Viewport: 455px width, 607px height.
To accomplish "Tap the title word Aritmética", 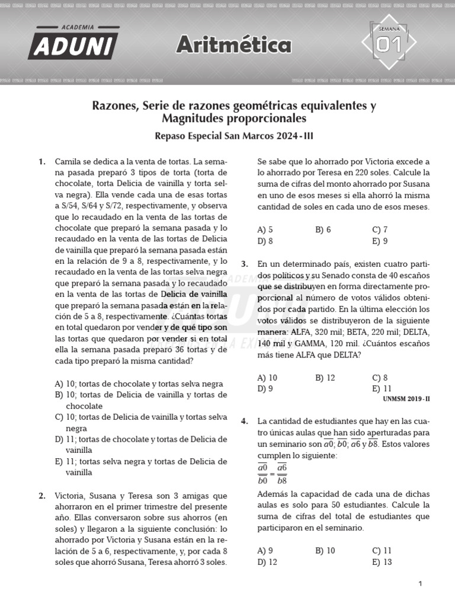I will click(234, 45).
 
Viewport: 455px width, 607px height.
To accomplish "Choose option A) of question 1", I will click(139, 384).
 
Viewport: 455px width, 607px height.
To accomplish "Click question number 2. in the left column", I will click(42, 496).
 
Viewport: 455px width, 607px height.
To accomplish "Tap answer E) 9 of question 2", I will click(380, 241).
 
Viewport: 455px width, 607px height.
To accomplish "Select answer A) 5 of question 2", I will click(265, 229).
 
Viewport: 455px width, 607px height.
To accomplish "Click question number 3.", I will click(245, 264).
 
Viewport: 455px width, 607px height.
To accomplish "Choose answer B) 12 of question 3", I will click(325, 378).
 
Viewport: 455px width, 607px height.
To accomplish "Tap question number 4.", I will click(245, 421).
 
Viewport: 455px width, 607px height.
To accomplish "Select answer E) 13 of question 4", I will click(382, 562).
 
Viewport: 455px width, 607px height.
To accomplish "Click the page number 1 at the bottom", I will click(419, 584).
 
